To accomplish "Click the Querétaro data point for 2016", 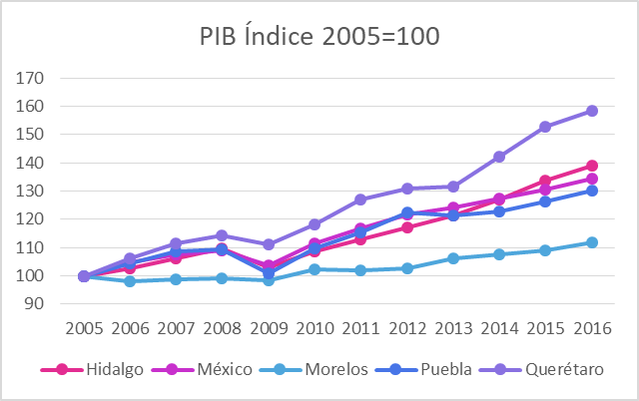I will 591,111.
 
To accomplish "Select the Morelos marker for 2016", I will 591,242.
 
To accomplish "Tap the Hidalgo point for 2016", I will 591,166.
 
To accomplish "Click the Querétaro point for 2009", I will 269,244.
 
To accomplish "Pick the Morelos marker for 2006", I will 130,281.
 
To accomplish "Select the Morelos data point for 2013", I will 453,258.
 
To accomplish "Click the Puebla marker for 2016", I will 591,191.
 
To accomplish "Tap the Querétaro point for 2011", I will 360,200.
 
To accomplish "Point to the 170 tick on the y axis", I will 32,78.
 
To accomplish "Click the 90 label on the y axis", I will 36,304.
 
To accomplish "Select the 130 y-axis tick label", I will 32,192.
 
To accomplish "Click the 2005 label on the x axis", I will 84,327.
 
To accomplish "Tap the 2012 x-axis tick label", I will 406,327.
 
